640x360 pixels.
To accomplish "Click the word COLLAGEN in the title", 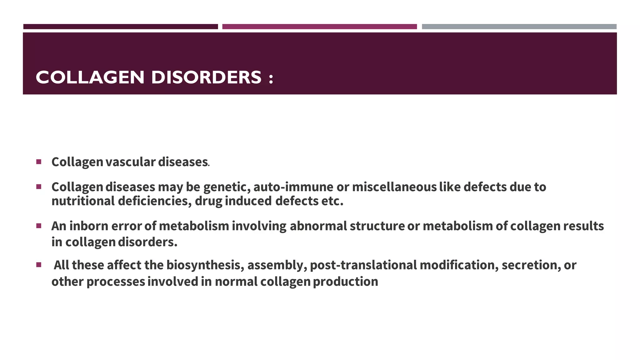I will click(90, 77).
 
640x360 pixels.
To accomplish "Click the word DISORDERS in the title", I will click(206, 77).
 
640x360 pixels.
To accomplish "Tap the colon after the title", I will click(271, 78).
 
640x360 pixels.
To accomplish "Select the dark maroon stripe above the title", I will click(121, 27).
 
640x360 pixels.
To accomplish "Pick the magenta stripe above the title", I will click(319, 27).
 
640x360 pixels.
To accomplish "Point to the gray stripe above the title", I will click(519, 27).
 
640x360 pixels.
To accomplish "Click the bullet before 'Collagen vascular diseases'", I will click(39, 162).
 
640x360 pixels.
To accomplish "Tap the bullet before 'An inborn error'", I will click(39, 226).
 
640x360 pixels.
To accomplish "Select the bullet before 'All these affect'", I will click(39, 265).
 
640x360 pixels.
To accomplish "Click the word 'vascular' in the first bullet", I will click(130, 162).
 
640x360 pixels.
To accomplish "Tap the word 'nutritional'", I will click(83, 201).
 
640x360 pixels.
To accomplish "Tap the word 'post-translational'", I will click(363, 265).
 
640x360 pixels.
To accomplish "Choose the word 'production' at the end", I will click(345, 282).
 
